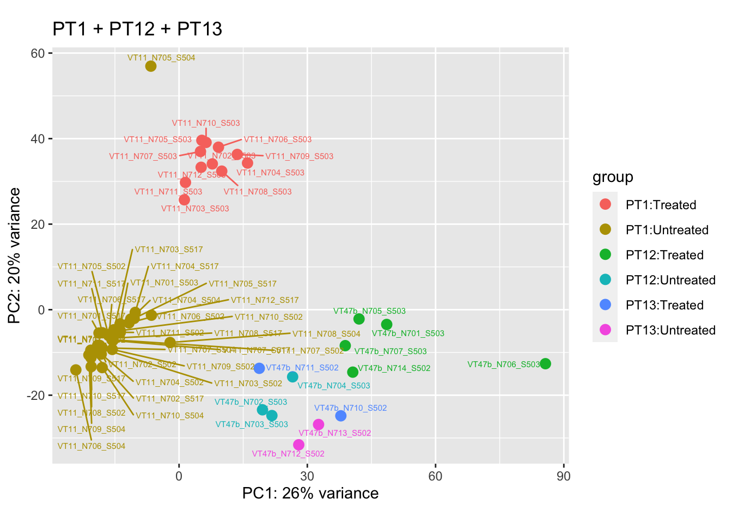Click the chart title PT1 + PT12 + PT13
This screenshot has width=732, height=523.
coord(137,29)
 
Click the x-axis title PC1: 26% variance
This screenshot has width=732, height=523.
coord(310,493)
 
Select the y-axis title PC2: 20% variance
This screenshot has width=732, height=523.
coord(15,256)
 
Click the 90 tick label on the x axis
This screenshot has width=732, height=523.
coord(564,476)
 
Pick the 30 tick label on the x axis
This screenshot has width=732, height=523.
coord(307,476)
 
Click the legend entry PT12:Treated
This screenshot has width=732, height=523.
coord(664,255)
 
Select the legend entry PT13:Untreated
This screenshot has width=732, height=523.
coord(670,330)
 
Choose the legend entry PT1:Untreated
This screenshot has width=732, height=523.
coord(667,230)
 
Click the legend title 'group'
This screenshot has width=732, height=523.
coord(613,177)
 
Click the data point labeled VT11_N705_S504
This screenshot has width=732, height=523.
coord(151,66)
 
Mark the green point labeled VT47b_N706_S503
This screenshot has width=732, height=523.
coord(545,363)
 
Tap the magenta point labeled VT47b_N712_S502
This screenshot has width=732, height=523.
coord(298,445)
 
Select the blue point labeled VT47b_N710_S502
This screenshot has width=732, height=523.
coord(341,416)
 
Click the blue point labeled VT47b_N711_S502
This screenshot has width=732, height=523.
coord(259,368)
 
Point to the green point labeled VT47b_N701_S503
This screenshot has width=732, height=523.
coord(387,325)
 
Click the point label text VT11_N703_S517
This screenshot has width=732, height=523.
coord(169,250)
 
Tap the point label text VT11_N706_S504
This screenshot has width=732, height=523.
coord(91,446)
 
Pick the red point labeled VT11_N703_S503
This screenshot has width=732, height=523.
coord(185,200)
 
